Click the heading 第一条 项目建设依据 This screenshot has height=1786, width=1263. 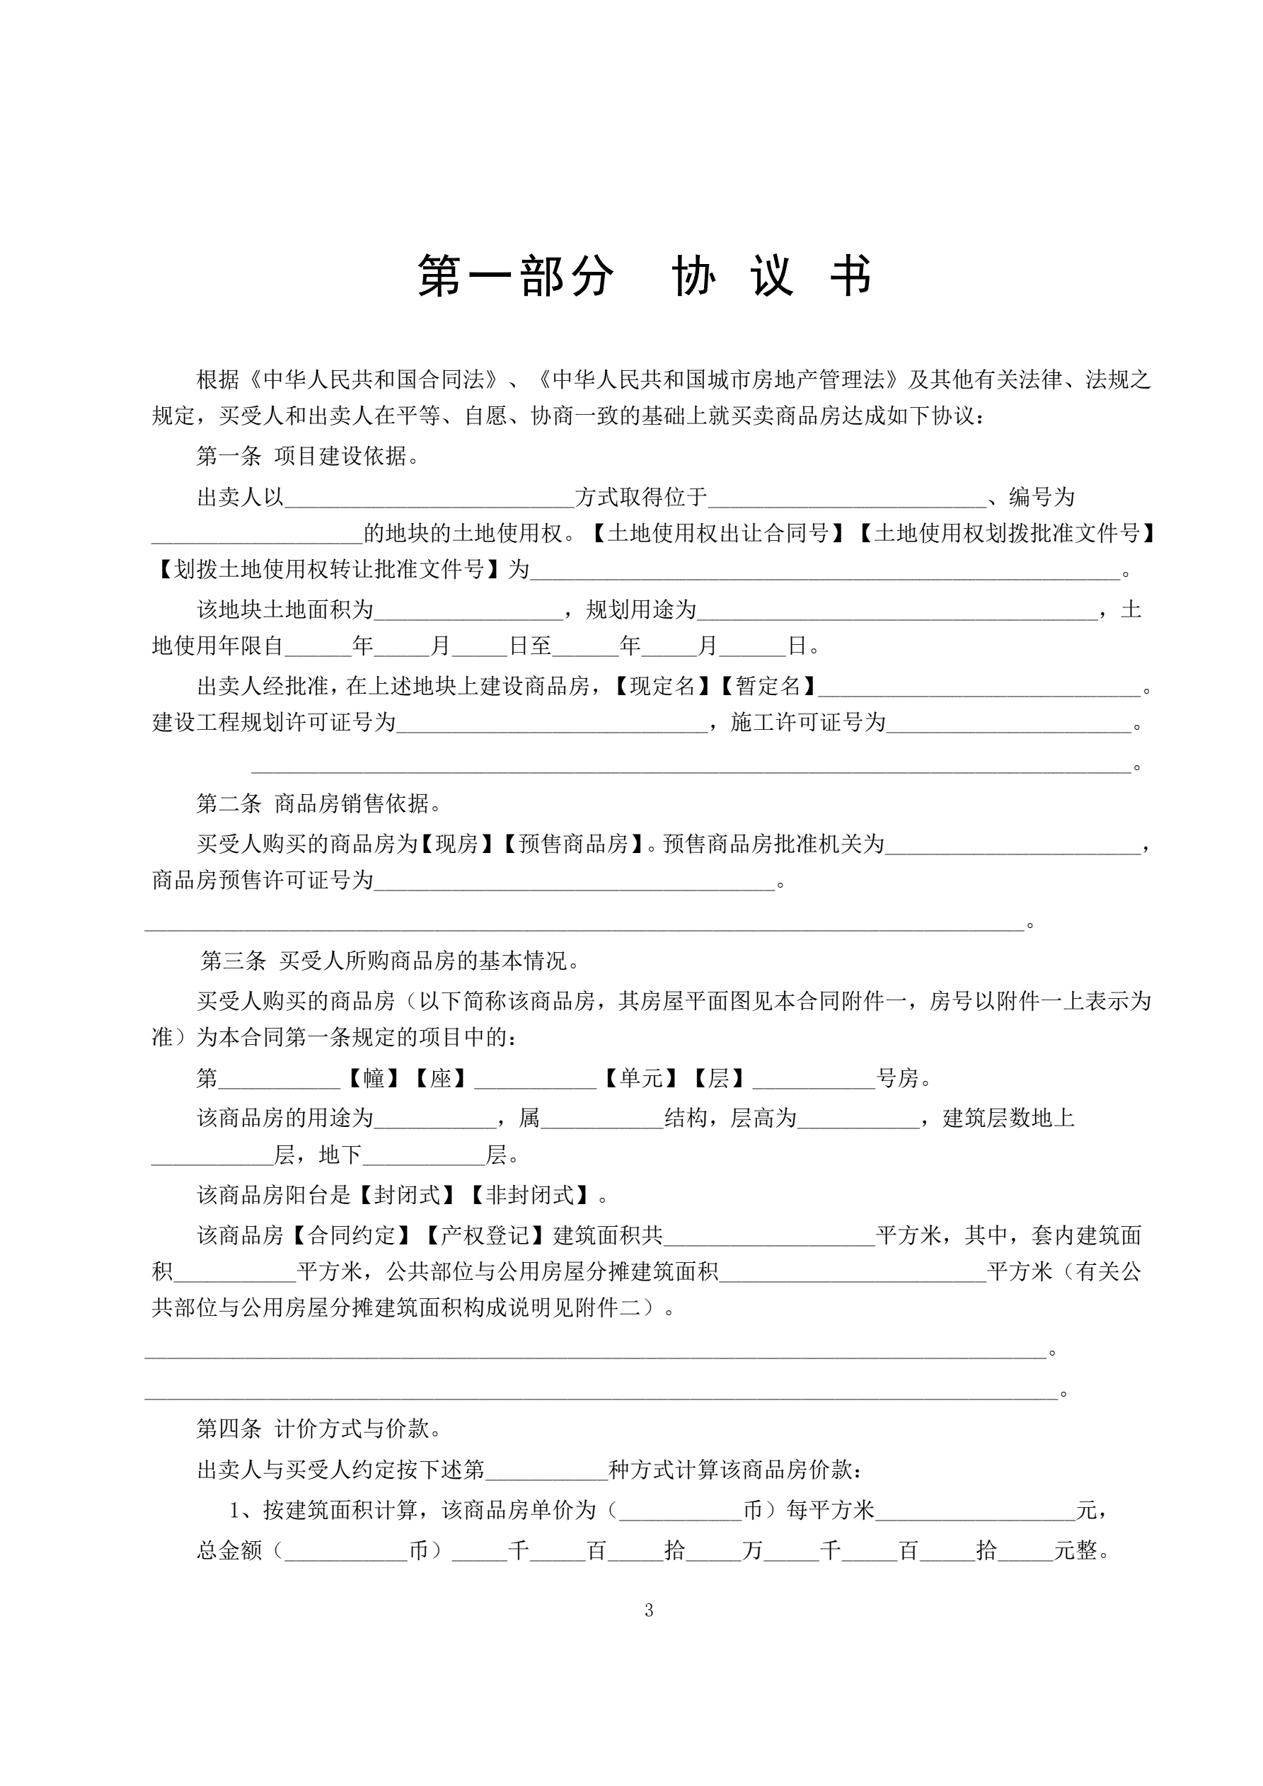pyautogui.click(x=308, y=456)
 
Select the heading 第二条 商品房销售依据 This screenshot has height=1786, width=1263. pyautogui.click(x=319, y=803)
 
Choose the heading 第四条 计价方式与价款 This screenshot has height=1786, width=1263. pyautogui.click(x=319, y=1429)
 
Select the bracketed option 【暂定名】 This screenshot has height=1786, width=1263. pyautogui.click(x=768, y=686)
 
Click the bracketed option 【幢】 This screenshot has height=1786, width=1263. pyautogui.click(x=374, y=1078)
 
